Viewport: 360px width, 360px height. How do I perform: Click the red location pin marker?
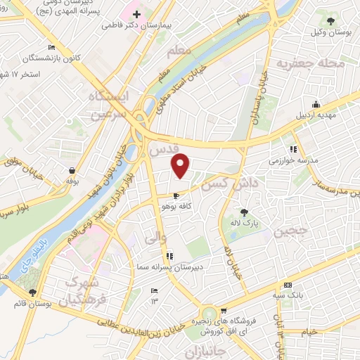pos(181,165)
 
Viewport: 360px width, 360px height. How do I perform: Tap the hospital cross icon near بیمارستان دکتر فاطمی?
pos(136,14)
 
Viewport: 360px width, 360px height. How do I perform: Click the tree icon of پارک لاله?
pos(243,212)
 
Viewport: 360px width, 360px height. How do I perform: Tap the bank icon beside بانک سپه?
pos(286,285)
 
